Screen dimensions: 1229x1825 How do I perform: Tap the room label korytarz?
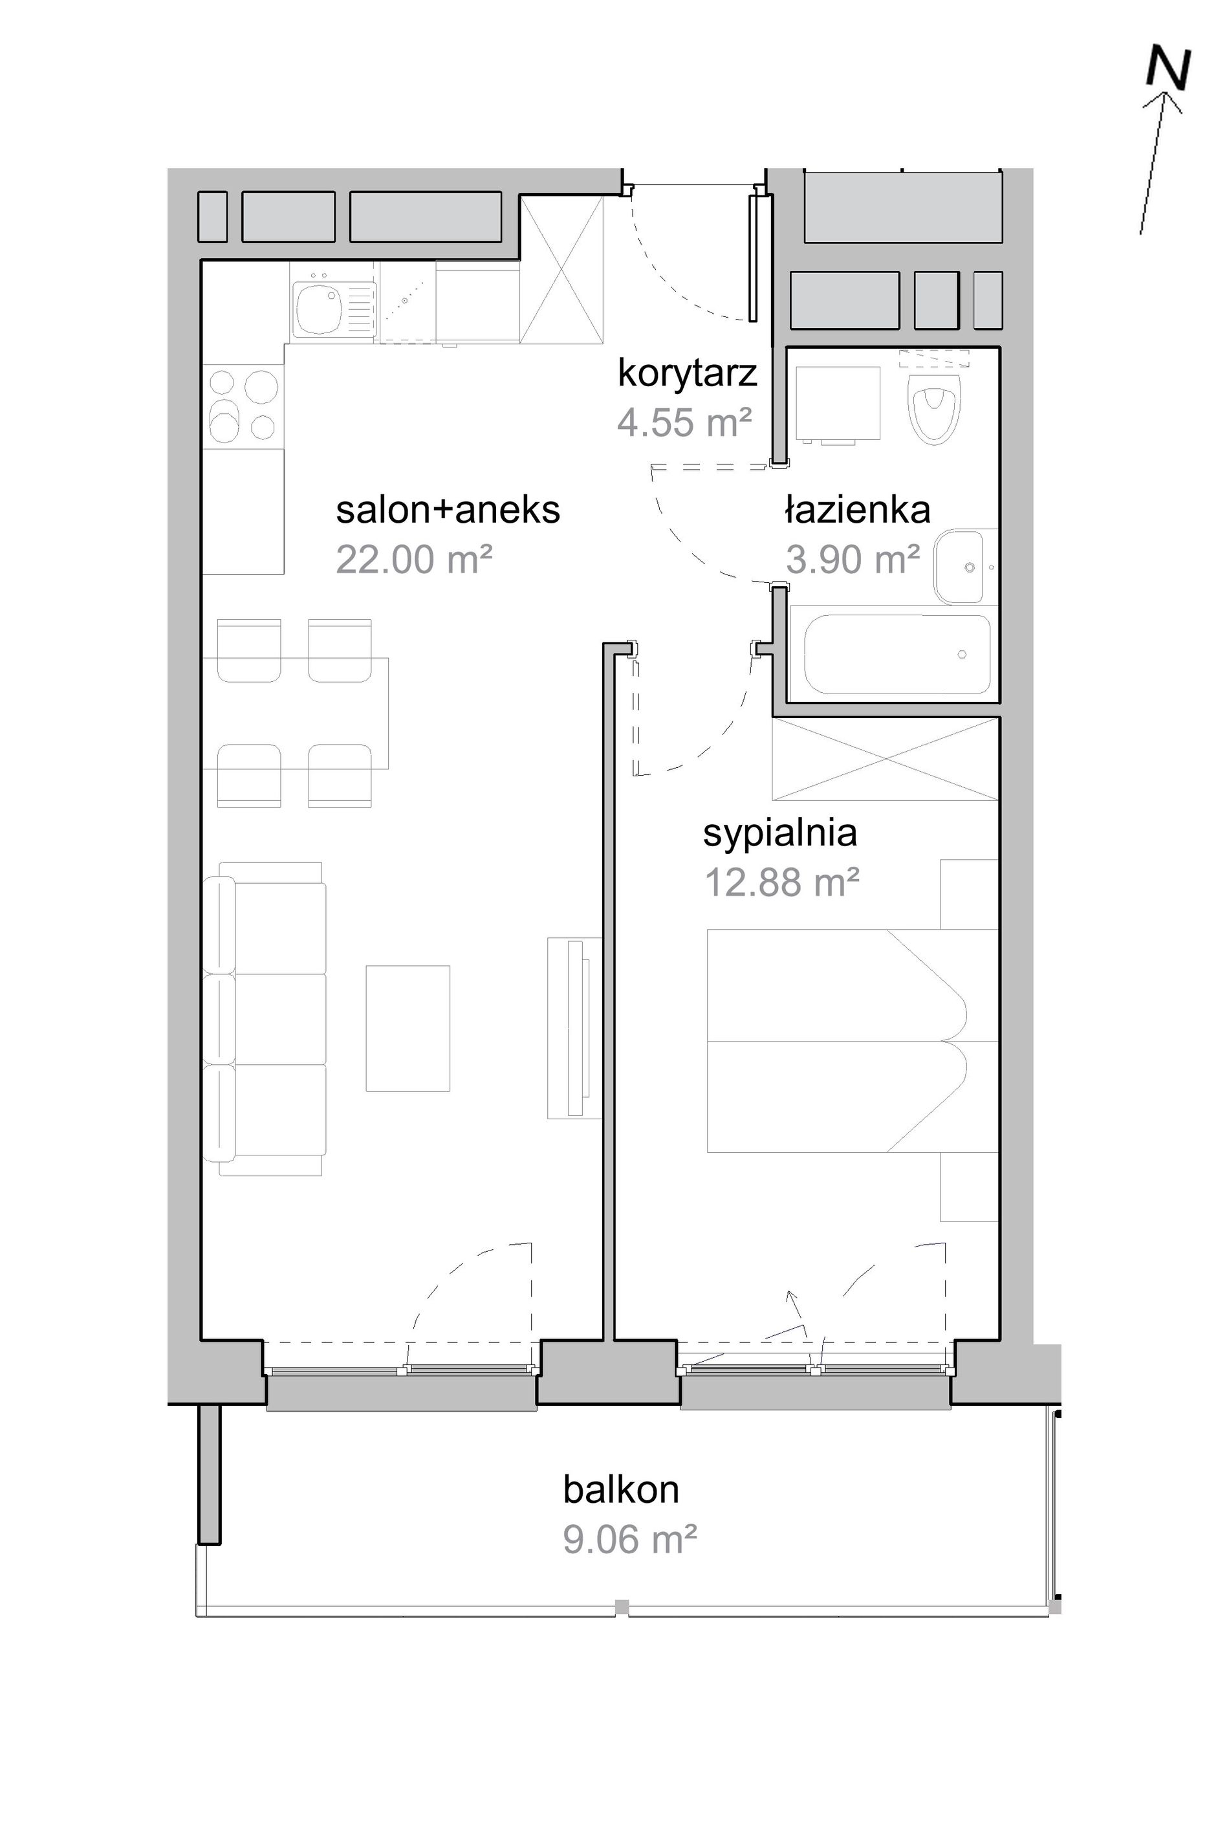coord(688,373)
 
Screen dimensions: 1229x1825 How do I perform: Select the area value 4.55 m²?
coord(684,422)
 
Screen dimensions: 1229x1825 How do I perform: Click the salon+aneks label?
coord(448,510)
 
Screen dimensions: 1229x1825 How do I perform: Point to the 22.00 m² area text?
coord(414,560)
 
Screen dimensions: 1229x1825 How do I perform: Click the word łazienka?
coord(858,510)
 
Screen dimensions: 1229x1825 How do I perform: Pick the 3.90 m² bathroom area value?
coord(853,560)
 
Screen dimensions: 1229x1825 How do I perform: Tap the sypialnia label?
coord(780,834)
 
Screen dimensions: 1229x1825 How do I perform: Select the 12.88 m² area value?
coord(782,882)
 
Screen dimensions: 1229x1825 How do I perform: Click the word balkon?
coord(621,1489)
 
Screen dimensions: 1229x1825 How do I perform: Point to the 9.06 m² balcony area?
coord(629,1540)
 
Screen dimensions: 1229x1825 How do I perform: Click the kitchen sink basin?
coord(318,309)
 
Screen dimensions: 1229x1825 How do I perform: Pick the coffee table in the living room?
coord(408,1029)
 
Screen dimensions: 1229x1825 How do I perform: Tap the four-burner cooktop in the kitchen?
coord(244,406)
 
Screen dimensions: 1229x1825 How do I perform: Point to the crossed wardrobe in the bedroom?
coord(886,759)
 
